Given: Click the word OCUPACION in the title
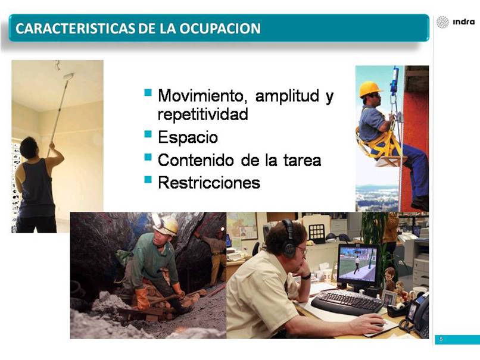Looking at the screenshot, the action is [x=220, y=29].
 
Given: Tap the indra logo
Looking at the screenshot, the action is [x=456, y=22].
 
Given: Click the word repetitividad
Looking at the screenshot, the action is [x=202, y=114].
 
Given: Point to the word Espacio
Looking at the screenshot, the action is [x=188, y=137].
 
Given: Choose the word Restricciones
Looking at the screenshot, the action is [x=209, y=183].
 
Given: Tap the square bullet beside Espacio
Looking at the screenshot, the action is [x=148, y=134].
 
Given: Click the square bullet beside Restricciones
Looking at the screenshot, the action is [x=148, y=179].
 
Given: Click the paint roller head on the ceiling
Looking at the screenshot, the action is [x=68, y=76].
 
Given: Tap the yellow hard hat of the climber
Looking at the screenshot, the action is [x=370, y=89].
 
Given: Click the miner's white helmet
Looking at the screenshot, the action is [x=166, y=226].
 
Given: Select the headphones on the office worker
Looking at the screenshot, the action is [x=288, y=239].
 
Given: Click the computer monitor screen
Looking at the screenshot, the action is [x=358, y=265].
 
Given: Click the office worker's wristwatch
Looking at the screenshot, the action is [x=306, y=276].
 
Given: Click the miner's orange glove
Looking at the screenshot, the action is [x=142, y=299].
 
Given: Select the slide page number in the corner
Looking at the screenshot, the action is [x=441, y=339].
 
